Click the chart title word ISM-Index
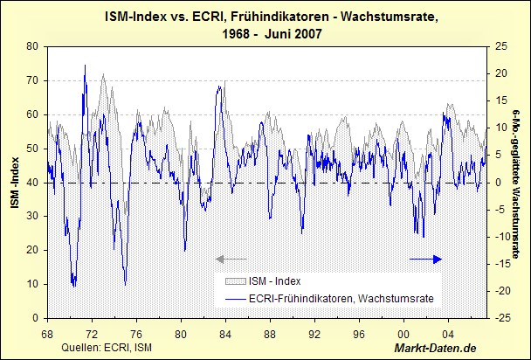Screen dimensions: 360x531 click(133, 17)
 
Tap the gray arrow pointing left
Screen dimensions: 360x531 click(231, 259)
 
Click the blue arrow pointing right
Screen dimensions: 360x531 click(427, 259)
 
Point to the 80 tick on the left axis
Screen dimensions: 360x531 click(32, 46)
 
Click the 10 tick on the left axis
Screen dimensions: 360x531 click(32, 284)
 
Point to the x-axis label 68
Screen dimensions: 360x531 click(47, 334)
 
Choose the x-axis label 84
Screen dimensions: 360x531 click(226, 334)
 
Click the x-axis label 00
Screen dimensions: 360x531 click(404, 334)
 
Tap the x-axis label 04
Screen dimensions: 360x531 click(449, 334)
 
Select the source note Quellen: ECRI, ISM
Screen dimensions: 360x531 click(98, 349)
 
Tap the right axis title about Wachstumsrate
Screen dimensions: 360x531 click(518, 183)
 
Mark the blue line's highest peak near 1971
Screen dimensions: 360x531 click(85, 65)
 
